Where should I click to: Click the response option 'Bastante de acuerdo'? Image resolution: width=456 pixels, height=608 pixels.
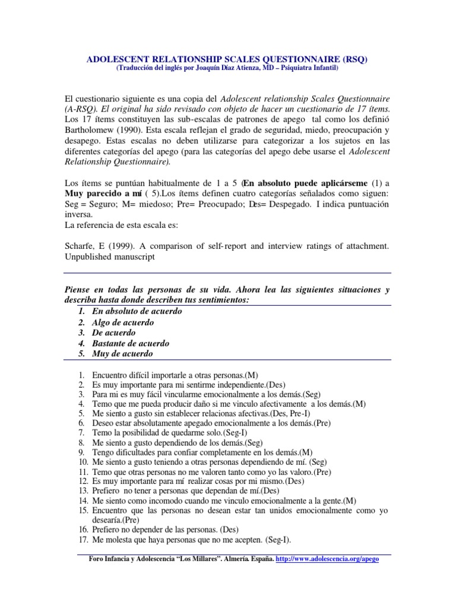131,343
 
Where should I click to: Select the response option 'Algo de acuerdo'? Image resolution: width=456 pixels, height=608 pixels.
123,322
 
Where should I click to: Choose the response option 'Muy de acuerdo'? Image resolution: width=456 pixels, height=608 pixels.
122,354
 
